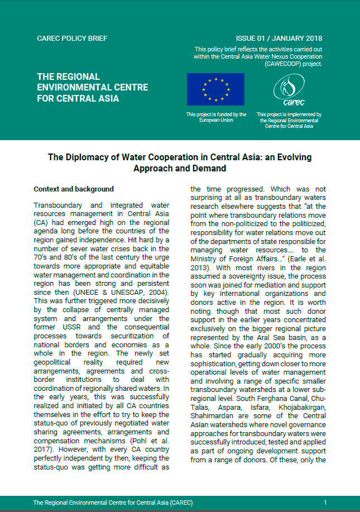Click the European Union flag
pos(216,89)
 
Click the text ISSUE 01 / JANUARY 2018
pos(279,39)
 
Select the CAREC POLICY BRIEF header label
pos(72,39)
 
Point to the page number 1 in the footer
pos(325,503)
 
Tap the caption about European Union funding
pos(216,117)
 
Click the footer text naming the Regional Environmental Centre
pos(113,503)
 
